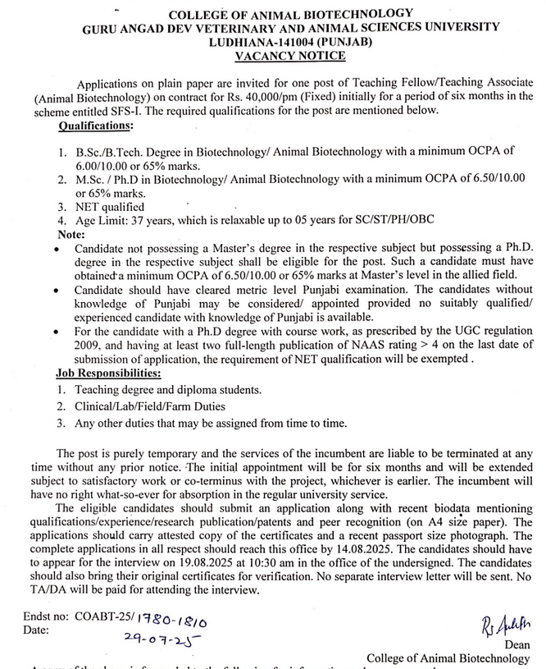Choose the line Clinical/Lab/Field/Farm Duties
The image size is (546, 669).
[149, 406]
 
